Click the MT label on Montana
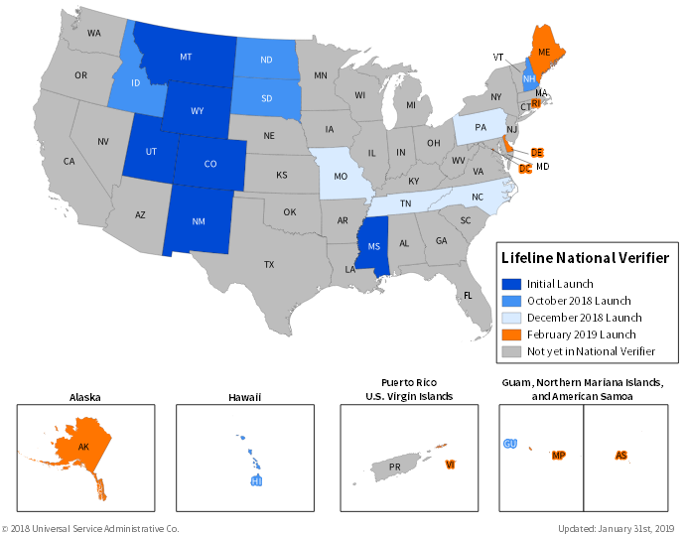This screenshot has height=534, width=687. [186, 57]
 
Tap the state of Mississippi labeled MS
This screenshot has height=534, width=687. [373, 247]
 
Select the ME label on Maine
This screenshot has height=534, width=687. [544, 52]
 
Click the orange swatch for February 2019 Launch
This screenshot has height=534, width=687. [511, 334]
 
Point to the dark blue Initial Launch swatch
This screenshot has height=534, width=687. [511, 284]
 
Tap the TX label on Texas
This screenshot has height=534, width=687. [268, 265]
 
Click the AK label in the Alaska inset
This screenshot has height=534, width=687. [83, 448]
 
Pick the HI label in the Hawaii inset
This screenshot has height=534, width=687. [256, 481]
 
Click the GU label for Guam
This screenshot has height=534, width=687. [510, 444]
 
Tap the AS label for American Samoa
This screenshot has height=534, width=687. [620, 456]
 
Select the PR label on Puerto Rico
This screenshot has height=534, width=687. [394, 467]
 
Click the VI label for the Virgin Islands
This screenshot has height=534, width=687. [450, 465]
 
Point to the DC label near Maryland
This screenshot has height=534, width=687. [524, 169]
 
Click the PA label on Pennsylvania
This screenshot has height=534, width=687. [481, 128]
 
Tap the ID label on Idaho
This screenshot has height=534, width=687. [136, 82]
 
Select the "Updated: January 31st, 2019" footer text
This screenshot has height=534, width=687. [616, 528]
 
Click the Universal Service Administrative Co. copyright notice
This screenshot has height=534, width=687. [90, 528]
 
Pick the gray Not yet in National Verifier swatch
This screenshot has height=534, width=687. [511, 351]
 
